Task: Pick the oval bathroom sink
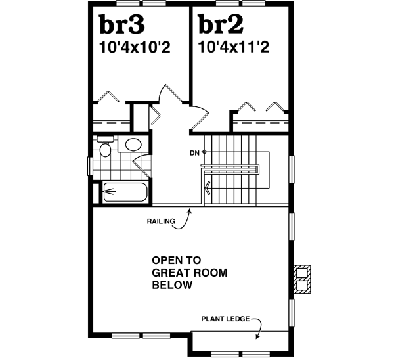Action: click(x=133, y=146)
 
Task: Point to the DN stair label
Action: click(x=194, y=153)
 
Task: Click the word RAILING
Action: click(x=161, y=221)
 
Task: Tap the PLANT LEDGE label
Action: click(x=225, y=320)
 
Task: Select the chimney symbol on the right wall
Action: click(x=302, y=278)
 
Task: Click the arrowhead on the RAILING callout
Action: click(x=189, y=210)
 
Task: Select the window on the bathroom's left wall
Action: click(x=89, y=166)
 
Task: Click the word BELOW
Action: click(x=172, y=285)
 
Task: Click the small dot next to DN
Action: click(x=204, y=152)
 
